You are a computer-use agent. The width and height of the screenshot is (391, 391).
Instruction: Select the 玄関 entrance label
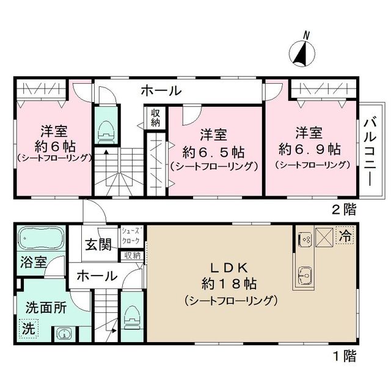[x=98, y=245]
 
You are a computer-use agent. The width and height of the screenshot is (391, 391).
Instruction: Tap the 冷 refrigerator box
[x=345, y=235]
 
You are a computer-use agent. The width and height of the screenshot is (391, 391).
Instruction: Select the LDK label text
[x=228, y=267]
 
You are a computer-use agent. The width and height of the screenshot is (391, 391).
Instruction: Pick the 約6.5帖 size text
[x=214, y=150]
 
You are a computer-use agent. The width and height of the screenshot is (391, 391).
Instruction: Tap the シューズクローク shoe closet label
[x=131, y=235]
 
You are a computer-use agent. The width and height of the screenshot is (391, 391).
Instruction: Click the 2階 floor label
[x=344, y=210]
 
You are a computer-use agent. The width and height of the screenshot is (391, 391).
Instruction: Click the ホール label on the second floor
[x=161, y=91]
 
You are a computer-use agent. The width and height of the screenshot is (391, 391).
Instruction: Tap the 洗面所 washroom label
[x=46, y=308]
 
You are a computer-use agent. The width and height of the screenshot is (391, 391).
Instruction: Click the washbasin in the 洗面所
[x=64, y=334]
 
